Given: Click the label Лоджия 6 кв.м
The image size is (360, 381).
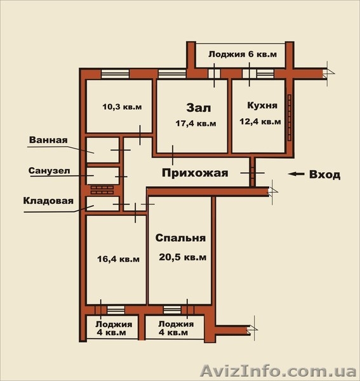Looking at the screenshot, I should coord(243,55).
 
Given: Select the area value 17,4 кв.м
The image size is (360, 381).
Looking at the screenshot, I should coord(196,123).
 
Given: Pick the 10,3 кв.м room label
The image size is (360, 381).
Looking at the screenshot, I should coord(121,107).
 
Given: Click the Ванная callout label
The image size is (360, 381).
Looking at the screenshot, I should coord(48,140).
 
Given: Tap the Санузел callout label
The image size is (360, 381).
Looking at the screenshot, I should coord(48,171).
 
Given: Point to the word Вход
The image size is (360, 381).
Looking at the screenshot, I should coord(324,175).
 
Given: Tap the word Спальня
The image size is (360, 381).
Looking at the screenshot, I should coord(180,239).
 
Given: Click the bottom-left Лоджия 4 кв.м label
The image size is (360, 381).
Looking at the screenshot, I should coord(110,328).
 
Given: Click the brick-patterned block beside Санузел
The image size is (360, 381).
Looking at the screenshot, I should coord(101,189).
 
